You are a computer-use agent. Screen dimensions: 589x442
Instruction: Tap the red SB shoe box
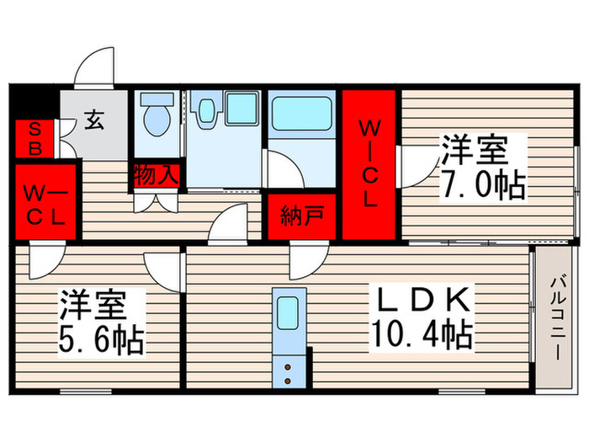pos(34,139)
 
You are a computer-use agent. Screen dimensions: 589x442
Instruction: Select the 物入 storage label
pos(156,175)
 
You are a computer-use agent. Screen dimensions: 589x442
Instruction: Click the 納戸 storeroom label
pos(301,216)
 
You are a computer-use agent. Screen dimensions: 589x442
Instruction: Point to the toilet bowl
pos(157,120)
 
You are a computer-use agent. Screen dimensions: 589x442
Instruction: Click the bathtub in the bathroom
pos(301,114)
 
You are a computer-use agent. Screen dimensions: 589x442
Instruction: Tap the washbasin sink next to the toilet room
pos(206,110)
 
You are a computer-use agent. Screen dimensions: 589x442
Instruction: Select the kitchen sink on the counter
pos(288,312)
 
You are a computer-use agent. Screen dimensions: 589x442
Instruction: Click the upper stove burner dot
pos(288,367)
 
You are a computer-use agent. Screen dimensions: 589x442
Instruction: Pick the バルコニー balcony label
pos(557,319)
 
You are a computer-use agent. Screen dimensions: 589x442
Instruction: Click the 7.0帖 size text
pos(482,184)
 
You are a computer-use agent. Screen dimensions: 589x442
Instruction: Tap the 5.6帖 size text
pos(101,340)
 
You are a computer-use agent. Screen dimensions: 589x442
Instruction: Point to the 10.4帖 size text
pos(422,333)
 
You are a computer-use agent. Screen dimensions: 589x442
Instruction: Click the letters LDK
pos(423,299)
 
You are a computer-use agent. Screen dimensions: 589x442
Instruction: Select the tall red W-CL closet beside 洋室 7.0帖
pos(369,164)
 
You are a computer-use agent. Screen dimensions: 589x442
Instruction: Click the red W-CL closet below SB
pos(45,202)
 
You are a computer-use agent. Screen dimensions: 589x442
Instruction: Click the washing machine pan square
pos(241,109)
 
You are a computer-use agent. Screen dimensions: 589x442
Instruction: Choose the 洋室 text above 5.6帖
pos(93,305)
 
